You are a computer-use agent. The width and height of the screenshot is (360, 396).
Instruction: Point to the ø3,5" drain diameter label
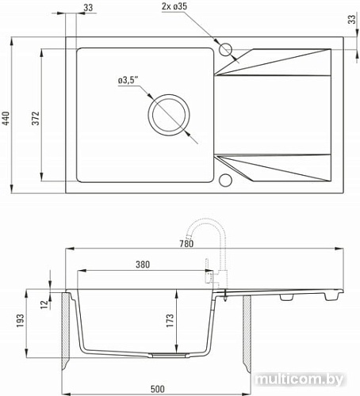pos(128,79)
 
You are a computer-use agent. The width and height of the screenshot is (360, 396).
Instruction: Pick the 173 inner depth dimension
pos(182,322)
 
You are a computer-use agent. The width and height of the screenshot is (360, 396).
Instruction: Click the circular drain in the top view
pos(169,114)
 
